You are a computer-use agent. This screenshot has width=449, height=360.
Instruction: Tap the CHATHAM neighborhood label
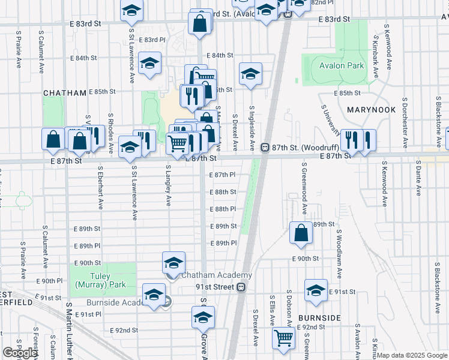[65, 93]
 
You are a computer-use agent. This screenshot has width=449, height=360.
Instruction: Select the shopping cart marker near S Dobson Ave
[283, 337]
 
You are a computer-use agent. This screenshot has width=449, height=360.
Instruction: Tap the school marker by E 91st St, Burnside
[316, 289]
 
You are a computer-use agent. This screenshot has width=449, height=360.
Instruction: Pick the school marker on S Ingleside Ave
[250, 73]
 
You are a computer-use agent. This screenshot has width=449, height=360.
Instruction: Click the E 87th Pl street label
[221, 175]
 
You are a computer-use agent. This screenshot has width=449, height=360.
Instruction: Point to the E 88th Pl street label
[221, 209]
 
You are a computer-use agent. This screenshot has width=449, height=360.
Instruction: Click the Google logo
[20, 353]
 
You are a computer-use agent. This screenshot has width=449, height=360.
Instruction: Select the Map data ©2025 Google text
[412, 355]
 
